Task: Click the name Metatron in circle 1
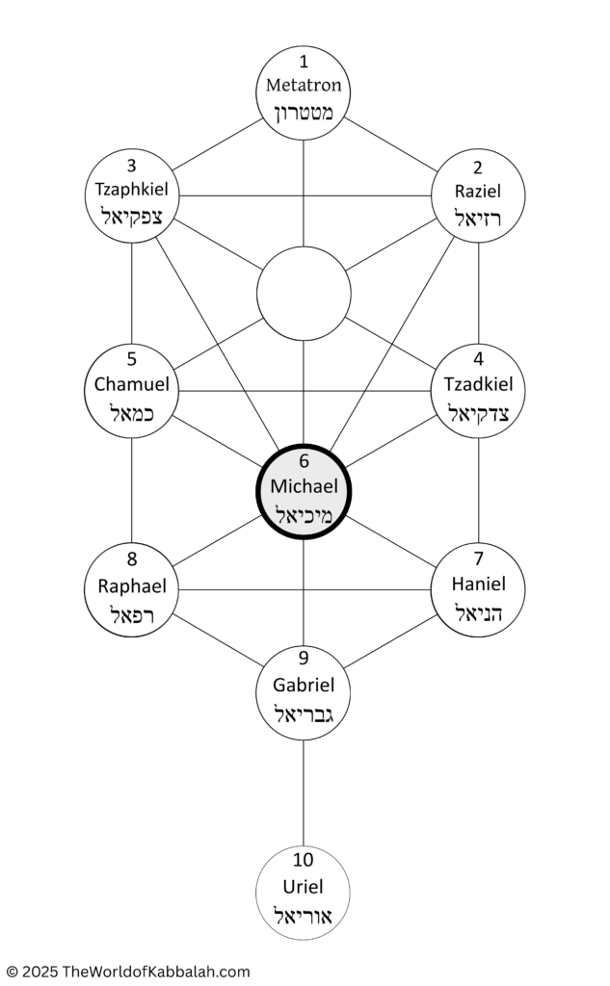click(x=304, y=85)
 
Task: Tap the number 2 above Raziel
click(x=478, y=168)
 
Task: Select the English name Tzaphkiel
click(x=132, y=190)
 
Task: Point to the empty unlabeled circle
click(x=304, y=293)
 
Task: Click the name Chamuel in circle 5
click(x=132, y=383)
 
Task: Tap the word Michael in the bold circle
click(x=305, y=486)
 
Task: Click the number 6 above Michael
click(x=305, y=461)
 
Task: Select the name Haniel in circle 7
click(x=478, y=584)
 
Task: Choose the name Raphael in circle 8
click(x=132, y=586)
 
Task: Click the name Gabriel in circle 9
click(x=304, y=685)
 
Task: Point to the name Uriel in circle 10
click(x=303, y=887)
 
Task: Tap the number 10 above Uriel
click(x=303, y=859)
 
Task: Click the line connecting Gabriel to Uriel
click(x=304, y=793)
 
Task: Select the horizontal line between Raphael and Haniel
click(x=305, y=590)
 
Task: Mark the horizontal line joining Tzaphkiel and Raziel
click(x=305, y=195)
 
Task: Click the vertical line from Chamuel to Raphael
click(x=132, y=490)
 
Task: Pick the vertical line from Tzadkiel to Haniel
click(x=478, y=490)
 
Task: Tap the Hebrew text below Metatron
click(x=304, y=114)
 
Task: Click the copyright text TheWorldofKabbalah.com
click(x=155, y=972)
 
